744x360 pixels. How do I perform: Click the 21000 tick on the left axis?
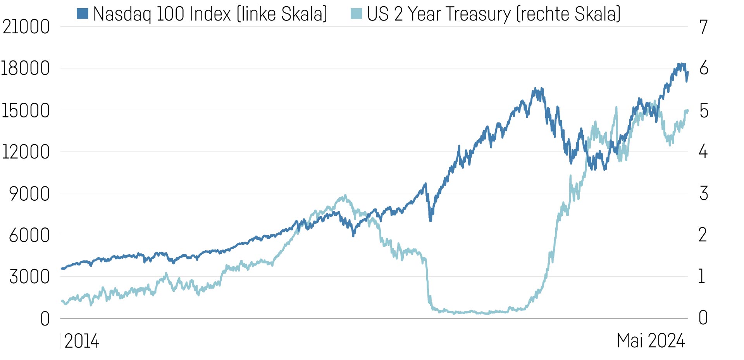point(26,27)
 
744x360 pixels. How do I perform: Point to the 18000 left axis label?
point(26,69)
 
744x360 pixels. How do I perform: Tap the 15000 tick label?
point(26,111)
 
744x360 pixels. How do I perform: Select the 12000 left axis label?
point(26,152)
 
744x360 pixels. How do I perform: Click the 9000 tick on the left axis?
point(29,194)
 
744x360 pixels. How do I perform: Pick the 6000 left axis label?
point(29,235)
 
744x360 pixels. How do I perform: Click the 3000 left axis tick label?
point(29,277)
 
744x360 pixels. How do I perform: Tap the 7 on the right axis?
point(703,27)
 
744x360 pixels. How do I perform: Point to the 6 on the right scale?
point(704,69)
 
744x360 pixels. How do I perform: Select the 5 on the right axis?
point(704,111)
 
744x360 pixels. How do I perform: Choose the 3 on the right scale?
point(704,193)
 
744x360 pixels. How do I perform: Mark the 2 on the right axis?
point(703,235)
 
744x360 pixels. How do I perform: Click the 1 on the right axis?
point(701,277)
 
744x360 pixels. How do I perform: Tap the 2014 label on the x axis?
point(82,341)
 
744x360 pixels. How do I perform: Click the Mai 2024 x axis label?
point(651,341)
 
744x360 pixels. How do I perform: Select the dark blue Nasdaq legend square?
point(83,14)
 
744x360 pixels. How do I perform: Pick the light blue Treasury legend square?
point(356,14)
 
